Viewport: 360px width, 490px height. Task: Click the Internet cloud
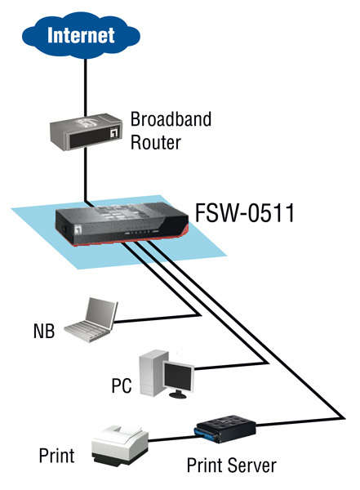[81, 35]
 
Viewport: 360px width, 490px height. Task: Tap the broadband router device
[86, 131]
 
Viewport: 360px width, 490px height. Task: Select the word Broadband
[171, 119]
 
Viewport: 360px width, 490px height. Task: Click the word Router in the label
[156, 142]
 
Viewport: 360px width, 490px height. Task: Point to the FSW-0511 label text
[245, 213]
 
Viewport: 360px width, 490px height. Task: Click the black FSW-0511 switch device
[122, 224]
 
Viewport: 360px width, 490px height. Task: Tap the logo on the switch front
[78, 229]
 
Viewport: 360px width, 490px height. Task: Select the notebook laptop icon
[91, 319]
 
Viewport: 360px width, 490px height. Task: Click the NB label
[44, 332]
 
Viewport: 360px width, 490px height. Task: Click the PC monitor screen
[178, 376]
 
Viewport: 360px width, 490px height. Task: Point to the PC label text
[122, 386]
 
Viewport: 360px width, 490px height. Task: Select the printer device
[120, 446]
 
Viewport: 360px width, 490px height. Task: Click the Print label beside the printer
[56, 456]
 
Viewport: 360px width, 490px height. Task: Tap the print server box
[226, 429]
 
